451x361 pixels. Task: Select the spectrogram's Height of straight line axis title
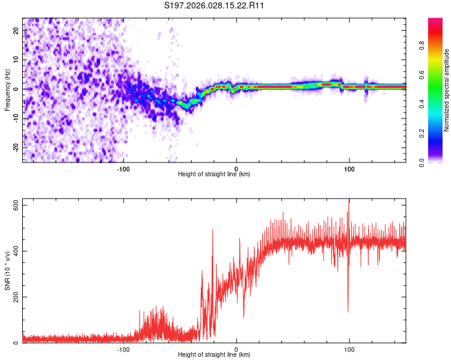point(214,174)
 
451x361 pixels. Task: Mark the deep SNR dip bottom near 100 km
point(348,311)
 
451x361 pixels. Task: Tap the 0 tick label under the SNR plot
point(236,349)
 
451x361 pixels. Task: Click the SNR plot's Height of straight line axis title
point(214,355)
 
